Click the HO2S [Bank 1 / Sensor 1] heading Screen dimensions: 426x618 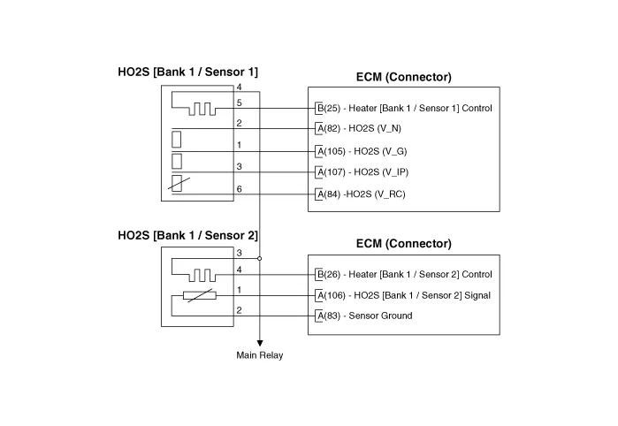[x=187, y=72]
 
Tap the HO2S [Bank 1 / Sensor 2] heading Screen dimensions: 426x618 [x=187, y=236]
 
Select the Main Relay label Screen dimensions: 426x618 [x=260, y=355]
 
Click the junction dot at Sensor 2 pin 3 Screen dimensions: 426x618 [x=260, y=259]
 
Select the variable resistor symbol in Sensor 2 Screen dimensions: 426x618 [x=199, y=295]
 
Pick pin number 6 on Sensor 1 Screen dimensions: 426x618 [x=239, y=188]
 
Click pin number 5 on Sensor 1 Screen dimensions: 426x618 [x=239, y=103]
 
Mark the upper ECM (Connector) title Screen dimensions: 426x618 [x=403, y=78]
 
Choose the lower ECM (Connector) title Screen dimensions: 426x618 [x=403, y=243]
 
